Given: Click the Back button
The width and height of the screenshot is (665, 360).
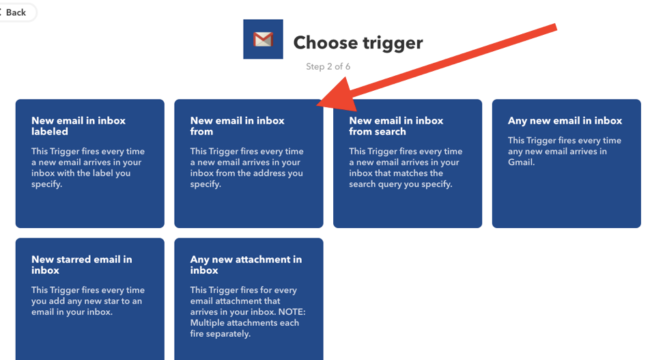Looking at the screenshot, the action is [x=16, y=12].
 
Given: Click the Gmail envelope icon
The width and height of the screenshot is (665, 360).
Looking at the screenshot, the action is [x=263, y=39].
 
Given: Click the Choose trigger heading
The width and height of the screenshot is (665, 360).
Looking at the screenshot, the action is [x=358, y=43].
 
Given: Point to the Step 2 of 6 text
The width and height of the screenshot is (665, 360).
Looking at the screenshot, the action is [x=328, y=67].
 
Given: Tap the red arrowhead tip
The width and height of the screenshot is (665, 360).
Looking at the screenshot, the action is [x=317, y=105].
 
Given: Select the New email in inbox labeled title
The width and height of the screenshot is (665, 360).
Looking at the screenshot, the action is [x=79, y=126].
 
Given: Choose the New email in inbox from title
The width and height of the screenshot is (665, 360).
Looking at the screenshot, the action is [x=237, y=126].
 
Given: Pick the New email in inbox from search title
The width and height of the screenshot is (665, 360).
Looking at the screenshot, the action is [x=396, y=126].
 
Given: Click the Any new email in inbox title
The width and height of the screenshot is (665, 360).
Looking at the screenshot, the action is [x=565, y=121].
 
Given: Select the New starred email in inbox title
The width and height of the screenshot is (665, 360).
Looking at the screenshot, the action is [x=81, y=265].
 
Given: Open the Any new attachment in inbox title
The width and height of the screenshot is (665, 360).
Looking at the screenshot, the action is [x=246, y=265].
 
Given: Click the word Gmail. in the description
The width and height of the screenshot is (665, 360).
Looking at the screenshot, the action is [x=521, y=162].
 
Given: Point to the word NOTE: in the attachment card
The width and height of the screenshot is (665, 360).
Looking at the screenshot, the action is [x=292, y=311].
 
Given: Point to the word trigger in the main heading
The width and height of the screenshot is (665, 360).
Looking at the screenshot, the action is [x=393, y=43].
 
